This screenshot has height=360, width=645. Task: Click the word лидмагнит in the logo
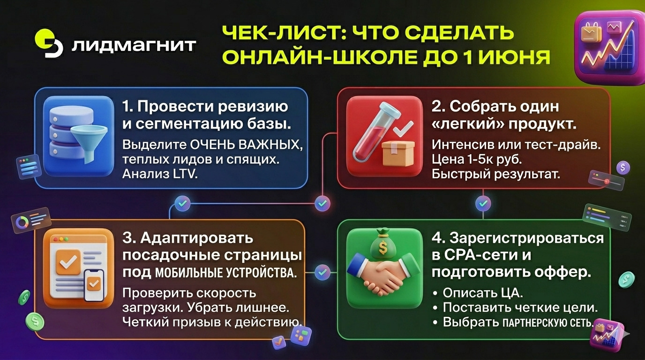pyautogui.click(x=134, y=45)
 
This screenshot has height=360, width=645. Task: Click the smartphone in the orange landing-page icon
pyautogui.click(x=93, y=285)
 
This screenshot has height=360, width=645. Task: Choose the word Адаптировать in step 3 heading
pyautogui.click(x=196, y=239)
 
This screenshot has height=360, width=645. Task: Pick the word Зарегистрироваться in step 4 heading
pyautogui.click(x=526, y=239)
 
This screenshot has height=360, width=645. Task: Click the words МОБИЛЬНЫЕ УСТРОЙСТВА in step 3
pyautogui.click(x=226, y=273)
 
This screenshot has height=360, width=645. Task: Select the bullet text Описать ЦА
pyautogui.click(x=483, y=292)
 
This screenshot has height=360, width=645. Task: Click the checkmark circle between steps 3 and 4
pyautogui.click(x=322, y=272)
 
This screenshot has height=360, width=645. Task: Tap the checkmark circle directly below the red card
pyautogui.click(x=483, y=203)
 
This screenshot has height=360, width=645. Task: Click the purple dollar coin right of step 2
pyautogui.click(x=623, y=168)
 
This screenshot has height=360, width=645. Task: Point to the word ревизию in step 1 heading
pyautogui.click(x=253, y=106)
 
